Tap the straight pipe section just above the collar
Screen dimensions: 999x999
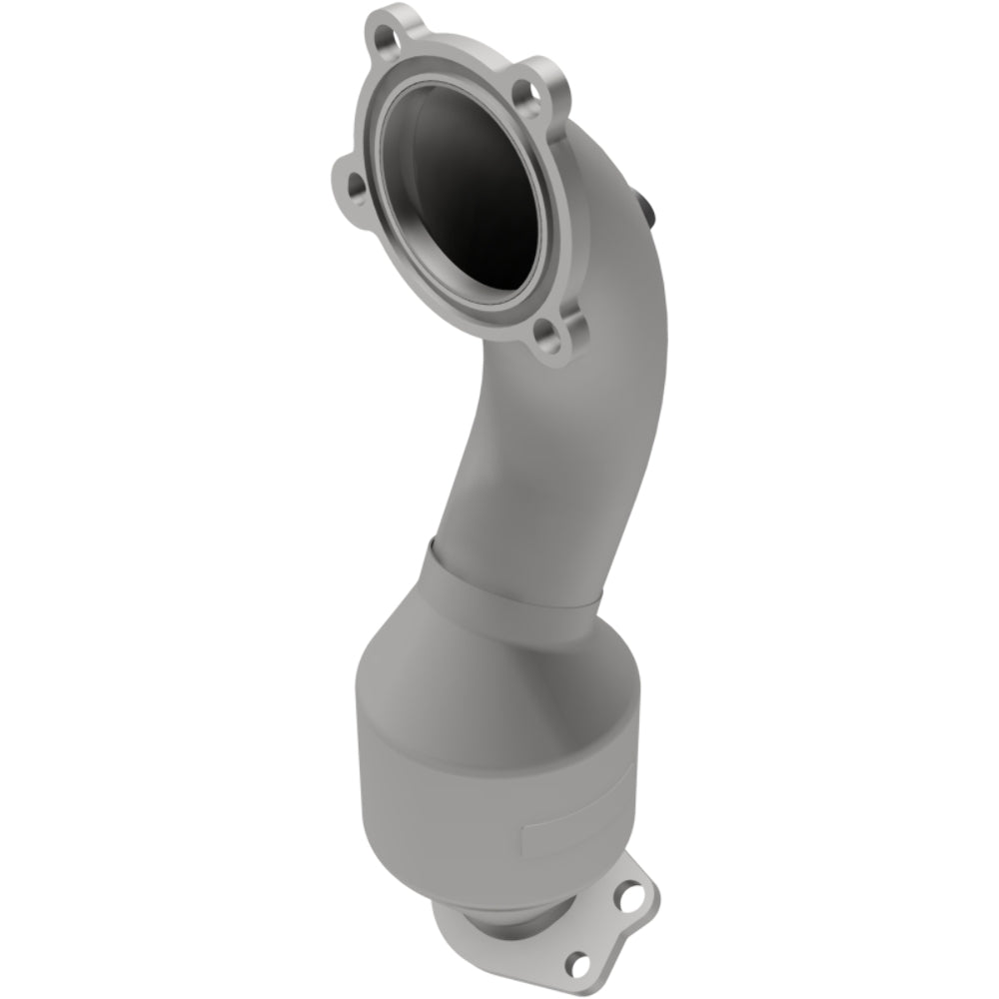(x=519, y=499)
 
